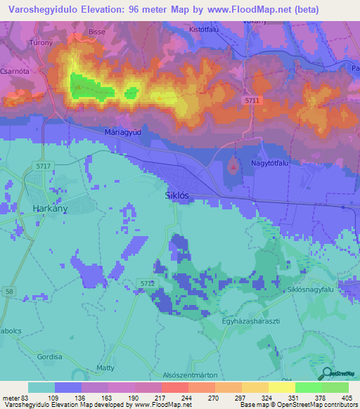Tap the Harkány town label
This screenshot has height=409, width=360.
tap(50, 208)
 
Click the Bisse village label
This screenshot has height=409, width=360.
tap(96, 32)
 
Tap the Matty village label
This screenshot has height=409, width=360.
tap(105, 367)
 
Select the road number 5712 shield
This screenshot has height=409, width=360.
tap(146, 283)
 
